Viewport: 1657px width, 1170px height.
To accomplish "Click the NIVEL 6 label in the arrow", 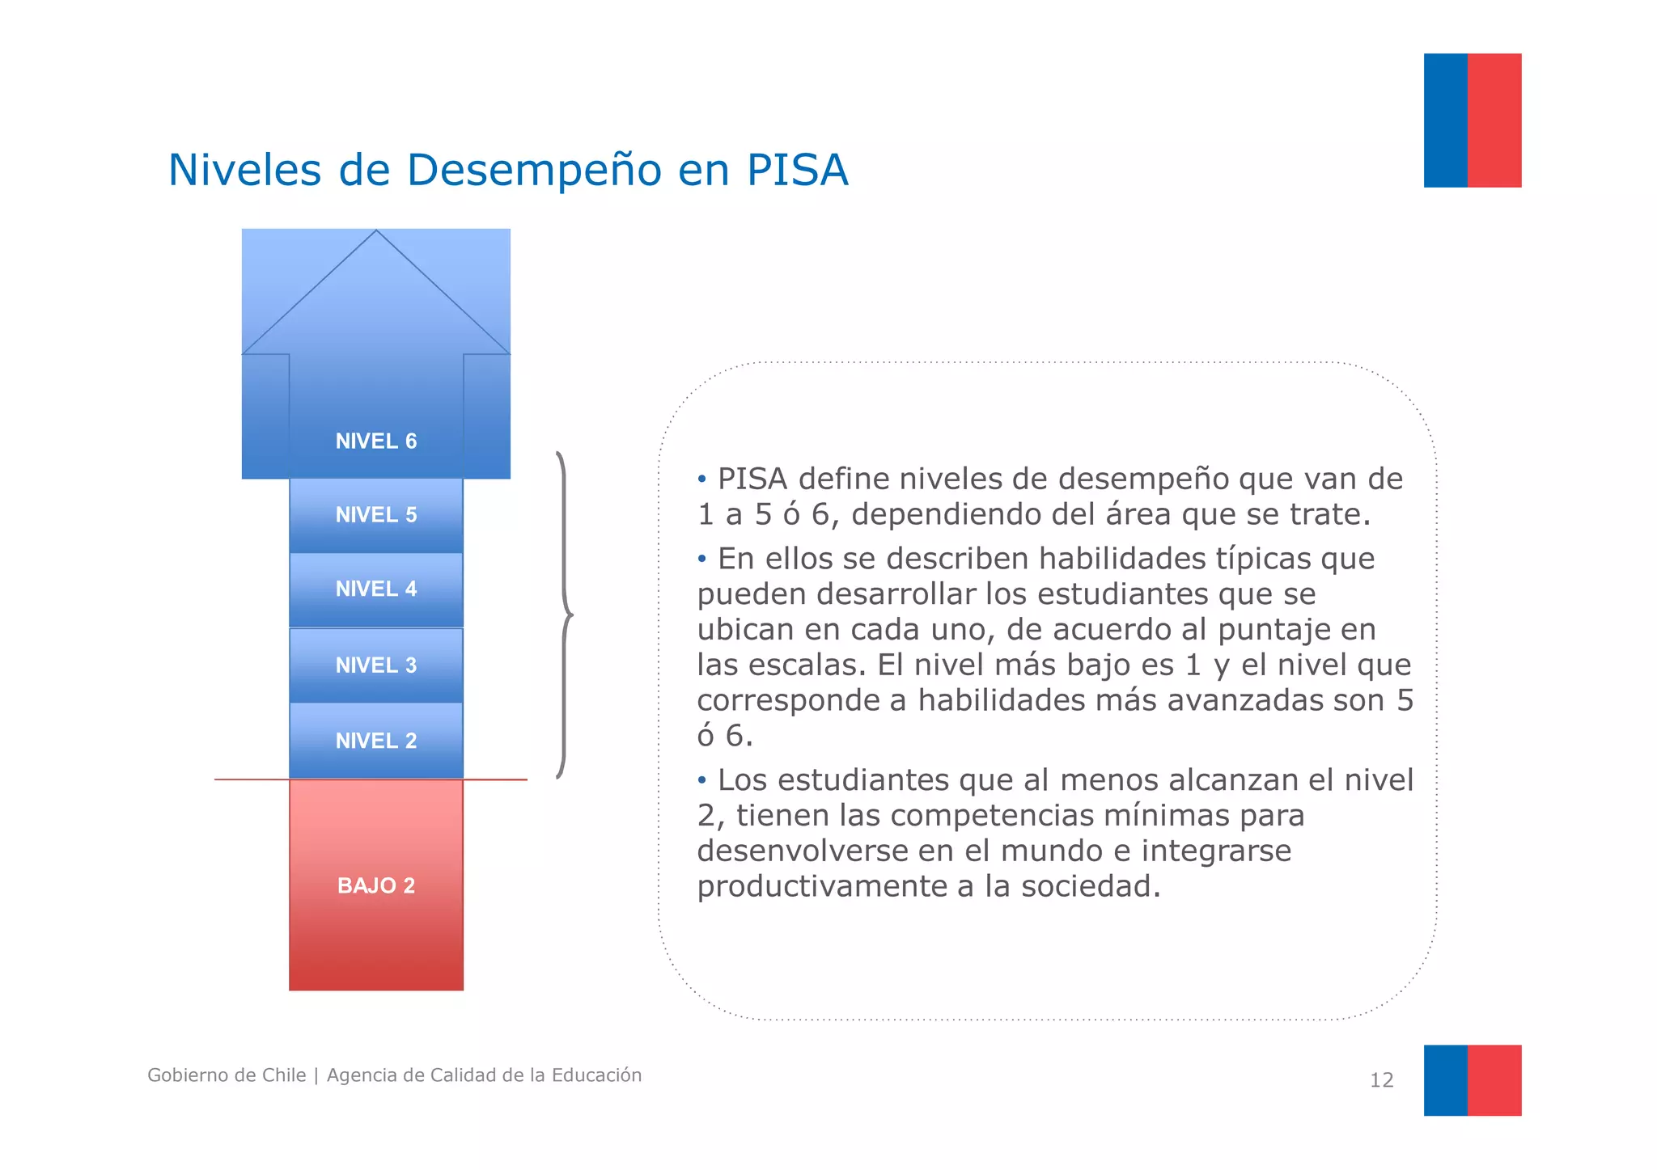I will click(376, 441).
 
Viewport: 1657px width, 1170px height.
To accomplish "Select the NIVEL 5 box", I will click(376, 515).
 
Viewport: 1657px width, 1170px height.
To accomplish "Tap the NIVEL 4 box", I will click(376, 589).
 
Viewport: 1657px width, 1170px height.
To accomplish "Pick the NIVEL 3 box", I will click(376, 665).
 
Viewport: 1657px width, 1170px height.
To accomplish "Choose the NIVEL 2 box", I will click(376, 741).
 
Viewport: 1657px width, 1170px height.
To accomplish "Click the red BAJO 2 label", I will click(376, 885).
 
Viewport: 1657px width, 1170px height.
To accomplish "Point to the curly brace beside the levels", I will click(564, 615).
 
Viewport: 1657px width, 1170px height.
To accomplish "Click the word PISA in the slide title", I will click(797, 170).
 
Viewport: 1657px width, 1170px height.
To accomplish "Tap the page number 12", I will click(1381, 1080).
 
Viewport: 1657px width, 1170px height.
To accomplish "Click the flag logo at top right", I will click(1472, 120).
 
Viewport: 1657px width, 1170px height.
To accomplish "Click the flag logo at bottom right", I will click(1472, 1080).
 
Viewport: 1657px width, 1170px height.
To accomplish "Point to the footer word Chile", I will click(282, 1075).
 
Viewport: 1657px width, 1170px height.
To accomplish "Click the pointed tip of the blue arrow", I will click(376, 233).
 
